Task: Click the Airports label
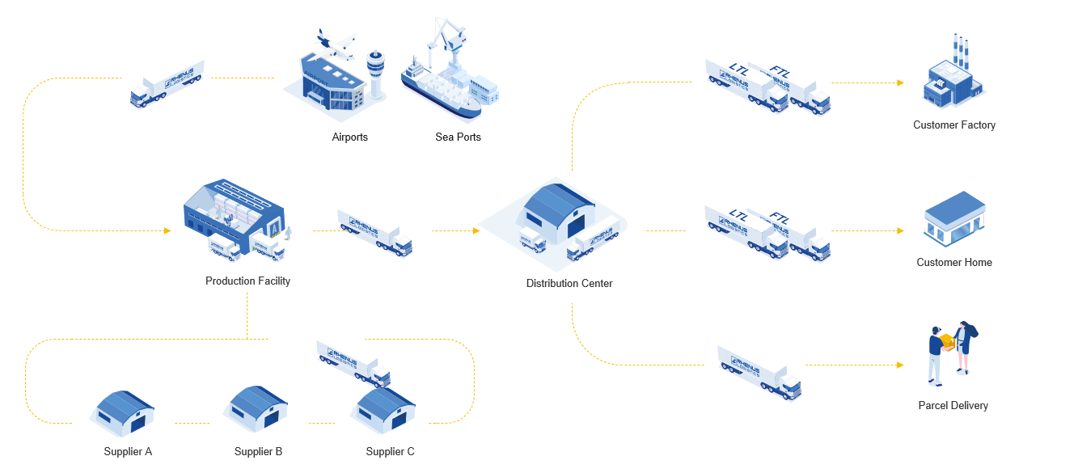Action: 349,137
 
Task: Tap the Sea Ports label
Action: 458,137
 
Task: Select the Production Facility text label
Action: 247,281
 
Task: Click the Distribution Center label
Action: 569,284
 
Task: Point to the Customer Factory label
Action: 954,125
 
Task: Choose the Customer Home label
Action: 954,263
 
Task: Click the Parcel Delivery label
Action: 953,406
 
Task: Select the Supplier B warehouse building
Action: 258,407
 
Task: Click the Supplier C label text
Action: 390,452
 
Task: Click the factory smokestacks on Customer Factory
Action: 960,50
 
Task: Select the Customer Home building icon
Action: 954,218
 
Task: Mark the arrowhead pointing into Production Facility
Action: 167,231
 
